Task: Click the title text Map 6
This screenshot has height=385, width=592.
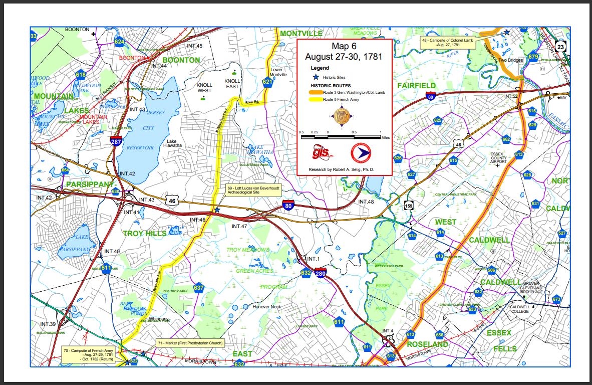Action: (343, 46)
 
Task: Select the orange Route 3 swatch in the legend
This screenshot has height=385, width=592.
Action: (315, 93)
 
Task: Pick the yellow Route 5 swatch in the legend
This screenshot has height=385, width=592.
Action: (315, 99)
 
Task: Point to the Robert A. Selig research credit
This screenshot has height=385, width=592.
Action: (343, 169)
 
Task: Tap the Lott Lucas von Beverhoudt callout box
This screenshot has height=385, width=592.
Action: (252, 189)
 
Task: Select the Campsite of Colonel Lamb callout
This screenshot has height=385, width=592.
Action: (447, 42)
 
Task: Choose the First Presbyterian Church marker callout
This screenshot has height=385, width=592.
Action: (189, 343)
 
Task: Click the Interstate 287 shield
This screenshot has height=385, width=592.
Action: (116, 141)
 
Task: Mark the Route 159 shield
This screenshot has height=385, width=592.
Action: (409, 206)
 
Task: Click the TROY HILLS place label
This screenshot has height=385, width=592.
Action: (145, 234)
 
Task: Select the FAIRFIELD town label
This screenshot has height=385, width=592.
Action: (416, 86)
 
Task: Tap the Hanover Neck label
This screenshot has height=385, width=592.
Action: (267, 306)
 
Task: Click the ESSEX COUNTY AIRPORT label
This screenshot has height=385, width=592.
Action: (498, 158)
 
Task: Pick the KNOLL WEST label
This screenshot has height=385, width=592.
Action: (204, 88)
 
